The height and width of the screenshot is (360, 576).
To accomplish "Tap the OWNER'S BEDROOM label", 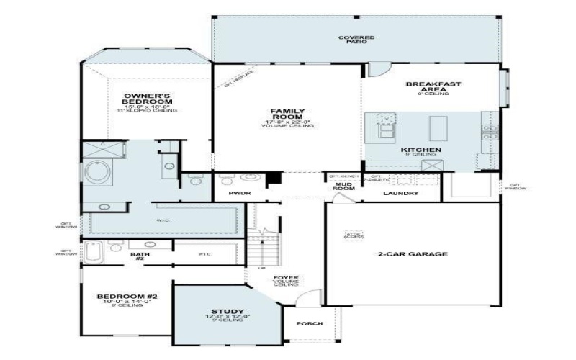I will pyautogui.click(x=146, y=99).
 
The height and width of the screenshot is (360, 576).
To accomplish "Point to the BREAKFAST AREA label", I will pyautogui.click(x=433, y=87).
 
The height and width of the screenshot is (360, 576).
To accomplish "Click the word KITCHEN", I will pyautogui.click(x=420, y=150).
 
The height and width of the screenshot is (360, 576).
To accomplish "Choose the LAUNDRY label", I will pyautogui.click(x=401, y=193).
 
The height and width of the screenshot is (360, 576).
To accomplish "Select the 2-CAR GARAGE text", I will pyautogui.click(x=413, y=253).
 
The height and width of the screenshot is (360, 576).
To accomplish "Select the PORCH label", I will pyautogui.click(x=310, y=323).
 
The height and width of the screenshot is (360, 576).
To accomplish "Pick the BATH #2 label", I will pyautogui.click(x=140, y=256).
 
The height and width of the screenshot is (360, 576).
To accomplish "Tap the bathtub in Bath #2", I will pyautogui.click(x=94, y=252).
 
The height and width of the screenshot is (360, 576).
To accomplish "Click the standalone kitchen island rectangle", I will pyautogui.click(x=438, y=128).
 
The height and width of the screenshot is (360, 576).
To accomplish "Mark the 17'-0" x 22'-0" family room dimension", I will pyautogui.click(x=287, y=122).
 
